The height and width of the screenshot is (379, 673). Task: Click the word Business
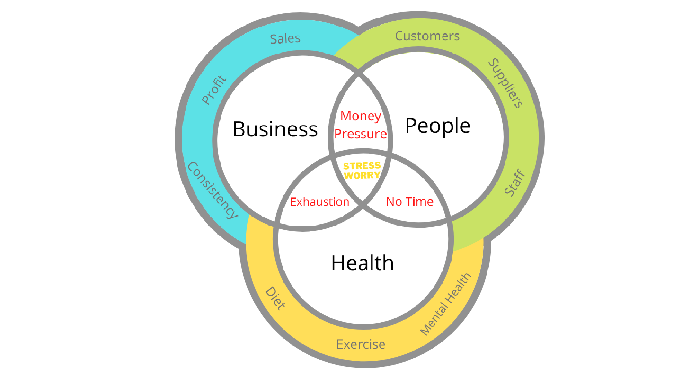(x=275, y=129)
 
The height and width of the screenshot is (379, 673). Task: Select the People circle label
(x=438, y=126)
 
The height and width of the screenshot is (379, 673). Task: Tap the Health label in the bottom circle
(x=362, y=263)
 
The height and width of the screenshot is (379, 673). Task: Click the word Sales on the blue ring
(x=285, y=38)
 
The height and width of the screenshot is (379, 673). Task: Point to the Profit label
(x=214, y=90)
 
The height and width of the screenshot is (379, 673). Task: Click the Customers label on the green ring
(x=427, y=36)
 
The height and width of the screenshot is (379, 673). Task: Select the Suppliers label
(x=505, y=83)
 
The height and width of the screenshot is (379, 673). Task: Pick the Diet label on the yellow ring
(x=275, y=298)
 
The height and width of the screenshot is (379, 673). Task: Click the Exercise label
(x=361, y=344)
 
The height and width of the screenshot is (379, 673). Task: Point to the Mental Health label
(x=446, y=304)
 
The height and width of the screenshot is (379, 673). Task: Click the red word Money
(x=361, y=116)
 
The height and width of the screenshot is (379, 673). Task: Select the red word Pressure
(x=361, y=134)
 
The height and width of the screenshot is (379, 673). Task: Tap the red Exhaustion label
(x=319, y=202)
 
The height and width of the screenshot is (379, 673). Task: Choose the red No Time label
(x=409, y=202)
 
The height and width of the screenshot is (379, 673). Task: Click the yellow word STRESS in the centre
(x=362, y=166)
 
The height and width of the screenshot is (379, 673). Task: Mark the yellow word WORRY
(x=362, y=175)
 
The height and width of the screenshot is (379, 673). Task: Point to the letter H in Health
(x=337, y=263)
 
